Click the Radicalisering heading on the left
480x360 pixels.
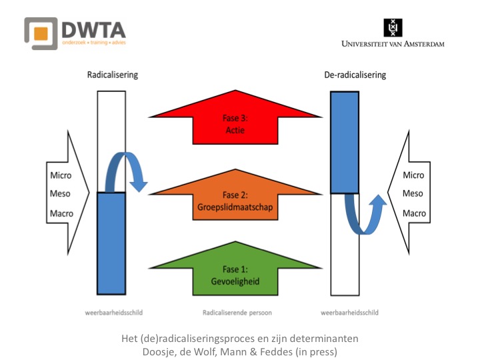pyautogui.click(x=113, y=75)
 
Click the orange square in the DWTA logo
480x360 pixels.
pyautogui.click(x=41, y=33)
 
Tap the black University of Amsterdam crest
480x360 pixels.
pyautogui.click(x=393, y=27)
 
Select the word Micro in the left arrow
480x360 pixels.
pyautogui.click(x=61, y=175)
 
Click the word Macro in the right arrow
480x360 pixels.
pyautogui.click(x=413, y=213)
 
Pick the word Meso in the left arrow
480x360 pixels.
pyautogui.click(x=61, y=195)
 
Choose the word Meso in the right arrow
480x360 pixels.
pyautogui.click(x=413, y=194)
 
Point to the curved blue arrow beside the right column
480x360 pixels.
pyautogui.click(x=364, y=213)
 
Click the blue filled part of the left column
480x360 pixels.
pyautogui.click(x=111, y=243)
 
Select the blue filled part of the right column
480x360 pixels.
pyautogui.click(x=345, y=142)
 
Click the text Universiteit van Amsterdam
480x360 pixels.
pyautogui.click(x=393, y=44)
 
